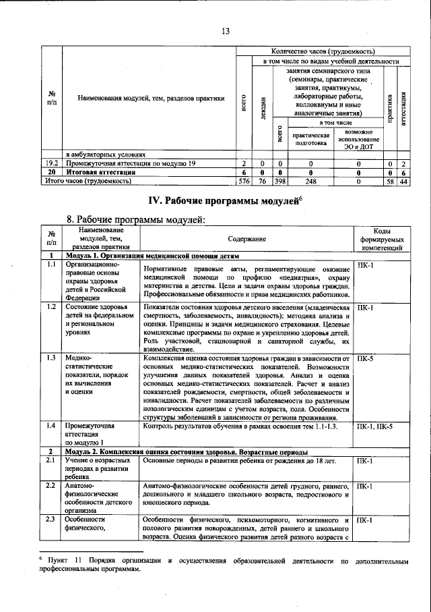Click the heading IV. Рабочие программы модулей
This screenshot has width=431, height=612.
(225, 201)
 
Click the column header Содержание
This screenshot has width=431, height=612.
(246, 239)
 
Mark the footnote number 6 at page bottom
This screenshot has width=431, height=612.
(41, 560)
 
